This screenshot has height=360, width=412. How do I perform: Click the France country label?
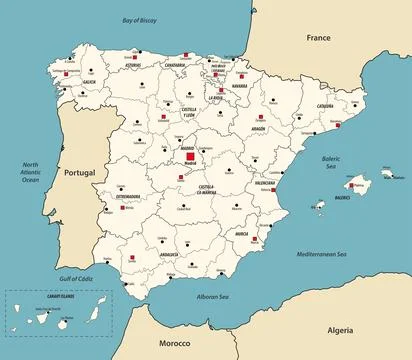[x=318, y=38]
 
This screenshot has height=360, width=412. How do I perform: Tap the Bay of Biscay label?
[x=141, y=20]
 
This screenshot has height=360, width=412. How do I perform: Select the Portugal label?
[x=79, y=173]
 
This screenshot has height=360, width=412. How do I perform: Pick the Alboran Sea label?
[x=212, y=297]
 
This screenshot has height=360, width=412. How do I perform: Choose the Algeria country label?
[x=340, y=329]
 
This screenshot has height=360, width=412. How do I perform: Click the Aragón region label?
[x=258, y=129]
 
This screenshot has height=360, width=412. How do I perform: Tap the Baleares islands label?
[x=342, y=198]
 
